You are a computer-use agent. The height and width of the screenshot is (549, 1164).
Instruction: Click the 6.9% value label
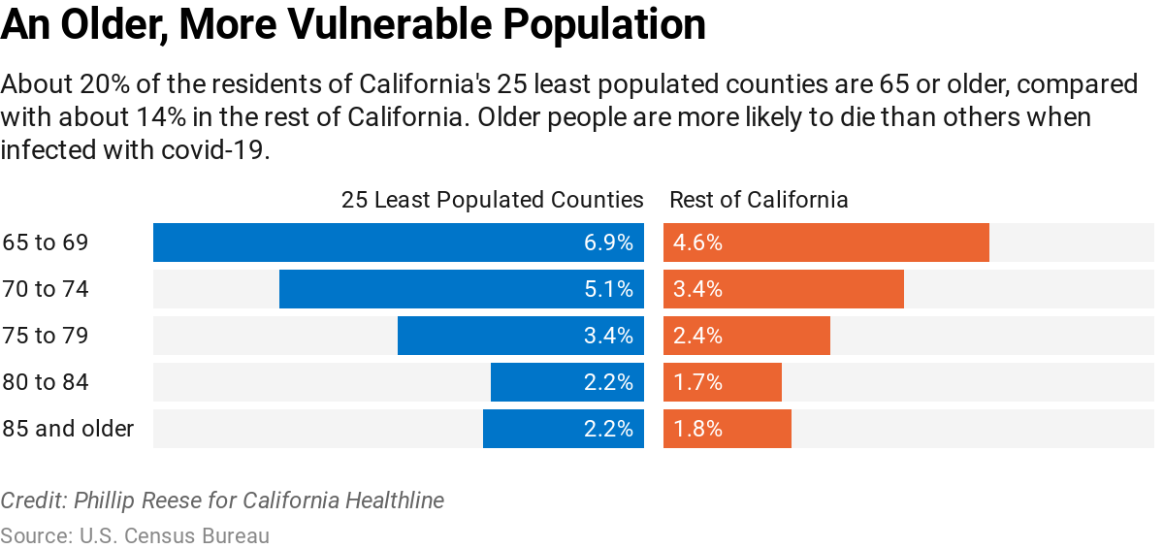[608, 242]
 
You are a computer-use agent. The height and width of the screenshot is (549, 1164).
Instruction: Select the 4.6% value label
[697, 242]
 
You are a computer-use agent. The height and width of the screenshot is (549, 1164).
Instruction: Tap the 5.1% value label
[608, 289]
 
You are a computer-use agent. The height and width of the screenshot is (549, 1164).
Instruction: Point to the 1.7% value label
[697, 382]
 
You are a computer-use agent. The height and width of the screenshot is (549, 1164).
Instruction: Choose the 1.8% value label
[697, 429]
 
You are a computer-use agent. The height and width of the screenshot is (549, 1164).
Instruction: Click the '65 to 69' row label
[46, 242]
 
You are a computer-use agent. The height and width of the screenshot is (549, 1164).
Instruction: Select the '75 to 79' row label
[46, 336]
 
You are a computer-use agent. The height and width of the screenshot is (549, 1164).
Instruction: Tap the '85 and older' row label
[68, 429]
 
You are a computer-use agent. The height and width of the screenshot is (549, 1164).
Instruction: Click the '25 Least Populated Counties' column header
[492, 200]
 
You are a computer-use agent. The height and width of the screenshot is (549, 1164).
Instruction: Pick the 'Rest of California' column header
[759, 200]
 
